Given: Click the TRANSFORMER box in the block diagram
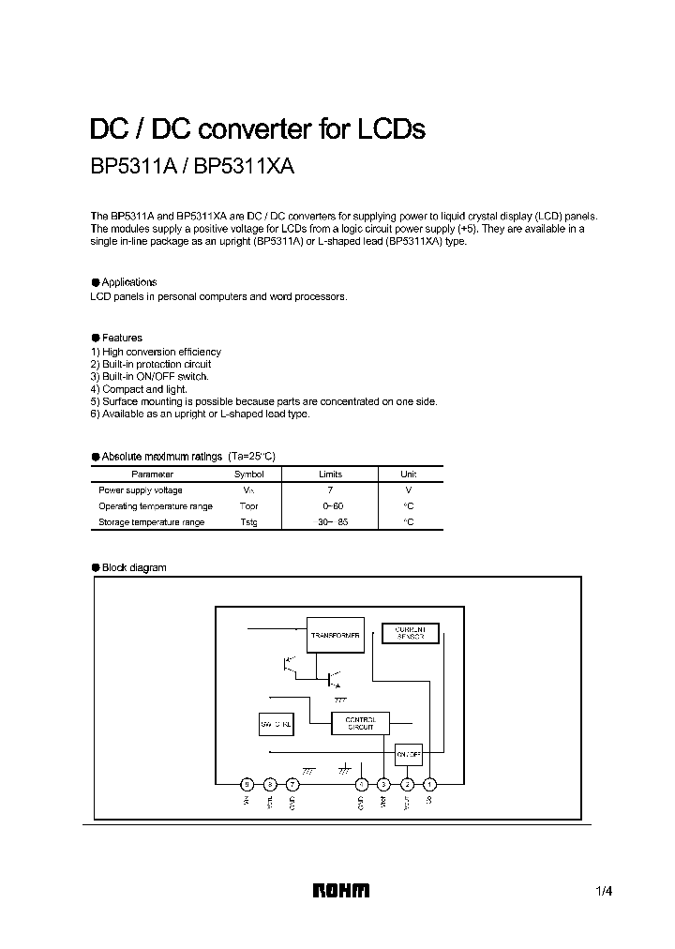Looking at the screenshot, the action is [x=335, y=636].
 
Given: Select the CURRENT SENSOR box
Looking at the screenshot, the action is [x=411, y=633].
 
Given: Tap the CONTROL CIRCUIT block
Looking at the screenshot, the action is [x=360, y=723].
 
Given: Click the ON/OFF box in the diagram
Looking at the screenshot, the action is [x=408, y=753].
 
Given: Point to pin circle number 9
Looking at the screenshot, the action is [x=247, y=784].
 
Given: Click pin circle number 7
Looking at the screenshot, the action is [x=292, y=784].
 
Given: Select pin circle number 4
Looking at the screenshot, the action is [x=361, y=784].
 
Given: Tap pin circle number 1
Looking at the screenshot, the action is [x=429, y=784].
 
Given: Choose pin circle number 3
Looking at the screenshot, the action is [x=383, y=784].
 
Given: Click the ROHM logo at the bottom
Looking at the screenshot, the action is [x=340, y=892].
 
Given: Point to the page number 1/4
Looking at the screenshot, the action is [x=604, y=892].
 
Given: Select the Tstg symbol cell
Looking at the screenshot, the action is [x=248, y=522].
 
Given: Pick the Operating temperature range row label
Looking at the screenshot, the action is [x=156, y=506].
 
